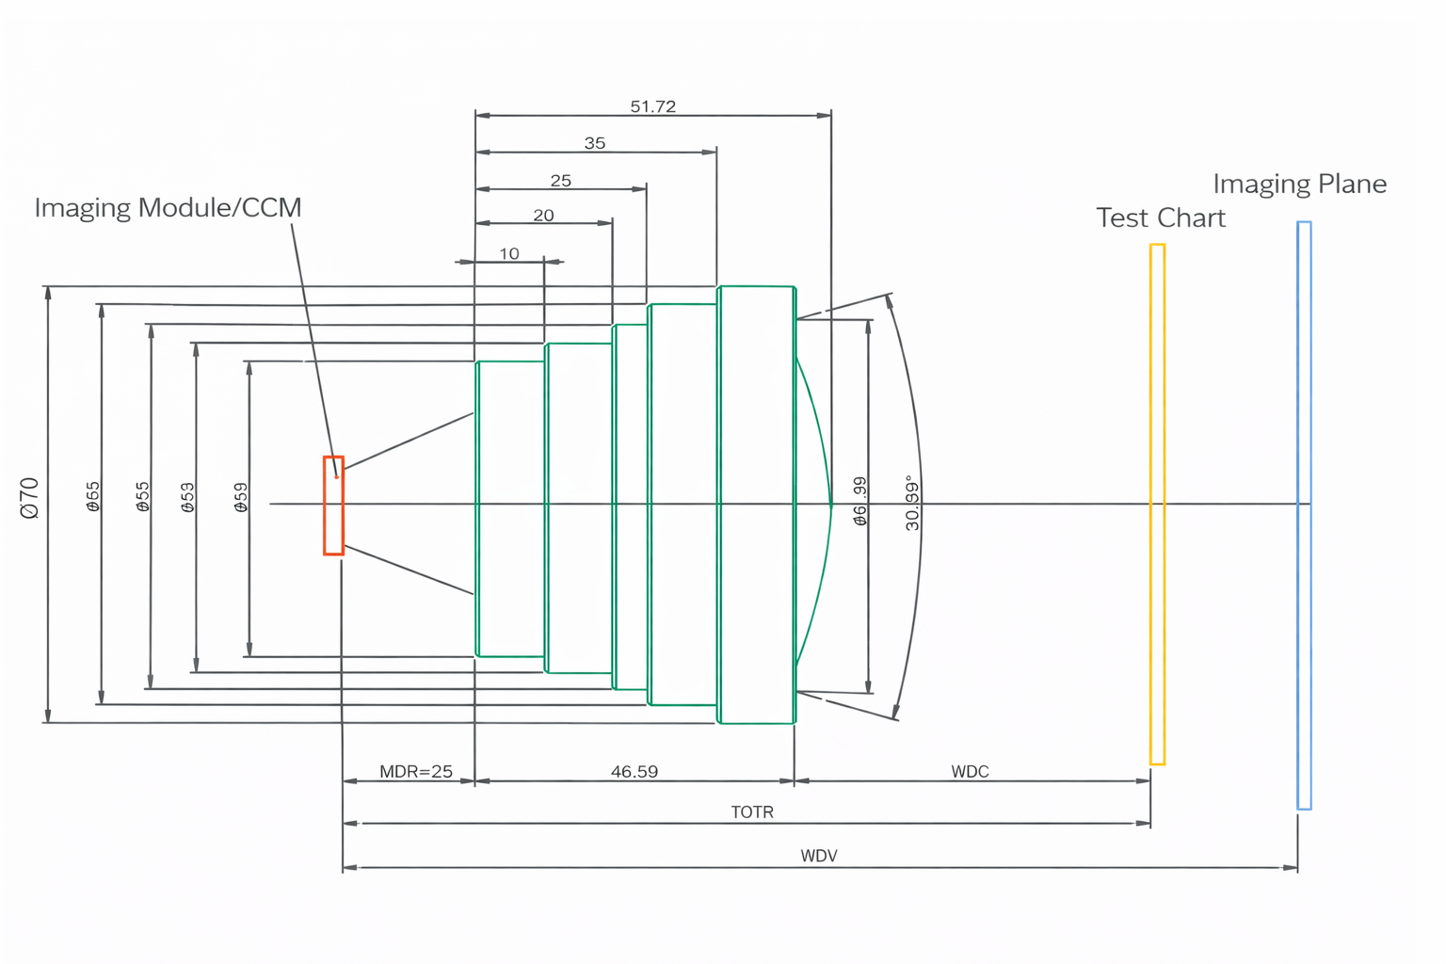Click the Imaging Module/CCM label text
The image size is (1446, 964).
(168, 207)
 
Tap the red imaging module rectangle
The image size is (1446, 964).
(333, 506)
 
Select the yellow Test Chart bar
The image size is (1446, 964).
(1157, 504)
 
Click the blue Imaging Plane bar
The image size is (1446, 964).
(1304, 515)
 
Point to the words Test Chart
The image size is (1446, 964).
(1160, 218)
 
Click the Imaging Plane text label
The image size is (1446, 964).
(1299, 184)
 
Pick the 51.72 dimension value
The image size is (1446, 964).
(652, 106)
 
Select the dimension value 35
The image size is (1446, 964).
(595, 143)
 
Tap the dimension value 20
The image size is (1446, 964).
(543, 216)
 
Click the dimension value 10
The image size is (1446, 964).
(509, 254)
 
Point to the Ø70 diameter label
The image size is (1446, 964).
(30, 497)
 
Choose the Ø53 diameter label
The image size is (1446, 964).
(188, 497)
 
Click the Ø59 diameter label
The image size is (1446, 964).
(241, 497)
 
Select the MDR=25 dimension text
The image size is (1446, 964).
(415, 772)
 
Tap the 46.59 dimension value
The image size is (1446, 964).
(634, 772)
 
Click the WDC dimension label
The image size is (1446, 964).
(970, 772)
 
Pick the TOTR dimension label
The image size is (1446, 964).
(752, 811)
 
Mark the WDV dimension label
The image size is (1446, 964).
(819, 856)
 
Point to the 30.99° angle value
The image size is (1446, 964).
(912, 503)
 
